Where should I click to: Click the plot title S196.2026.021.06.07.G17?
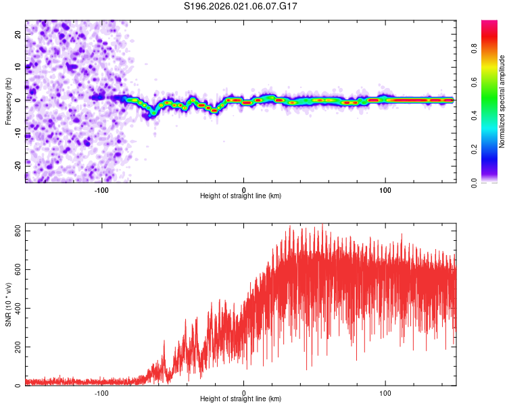[x=241, y=6]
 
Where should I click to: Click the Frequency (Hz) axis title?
[x=8, y=101]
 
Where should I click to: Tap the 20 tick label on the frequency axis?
[x=18, y=35]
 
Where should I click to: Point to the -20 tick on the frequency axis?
[x=18, y=166]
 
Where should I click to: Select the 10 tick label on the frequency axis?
[x=18, y=67]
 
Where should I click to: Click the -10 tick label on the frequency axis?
[x=18, y=133]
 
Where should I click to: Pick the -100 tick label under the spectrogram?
[x=101, y=190]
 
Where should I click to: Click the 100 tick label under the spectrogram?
[x=385, y=190]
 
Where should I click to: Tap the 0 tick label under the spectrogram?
[x=244, y=190]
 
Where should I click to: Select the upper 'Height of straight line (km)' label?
[x=241, y=196]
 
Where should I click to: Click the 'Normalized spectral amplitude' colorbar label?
[x=502, y=101]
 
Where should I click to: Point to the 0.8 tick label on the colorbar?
[x=475, y=49]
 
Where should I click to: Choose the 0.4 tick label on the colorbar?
[x=475, y=115]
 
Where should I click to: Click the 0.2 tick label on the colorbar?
[x=475, y=149]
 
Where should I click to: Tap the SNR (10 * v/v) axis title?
[x=8, y=304]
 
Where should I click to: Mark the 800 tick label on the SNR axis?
[x=18, y=232]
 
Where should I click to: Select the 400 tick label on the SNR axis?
[x=18, y=309]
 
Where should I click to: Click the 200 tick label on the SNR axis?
[x=18, y=346]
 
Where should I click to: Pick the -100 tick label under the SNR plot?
[x=101, y=393]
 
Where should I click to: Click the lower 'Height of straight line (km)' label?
[x=241, y=399]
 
